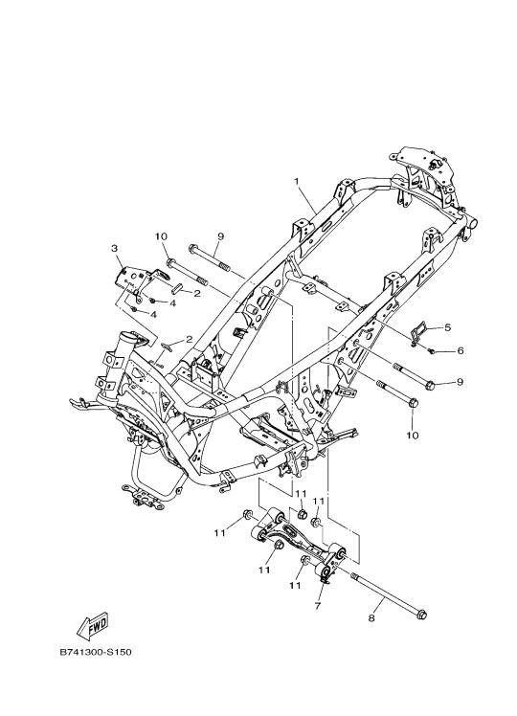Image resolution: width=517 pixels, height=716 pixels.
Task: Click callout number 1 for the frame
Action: point(297,182)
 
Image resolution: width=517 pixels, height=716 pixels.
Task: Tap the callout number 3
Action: point(114,248)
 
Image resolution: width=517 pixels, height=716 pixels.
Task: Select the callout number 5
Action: point(447,327)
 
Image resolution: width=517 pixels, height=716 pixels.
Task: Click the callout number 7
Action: point(318,606)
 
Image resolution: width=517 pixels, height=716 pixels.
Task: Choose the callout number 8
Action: point(371,617)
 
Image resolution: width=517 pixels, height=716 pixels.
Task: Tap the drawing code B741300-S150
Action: point(96,652)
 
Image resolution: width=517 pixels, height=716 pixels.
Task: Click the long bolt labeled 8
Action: point(389,594)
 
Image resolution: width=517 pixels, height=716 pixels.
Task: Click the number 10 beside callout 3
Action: point(161,236)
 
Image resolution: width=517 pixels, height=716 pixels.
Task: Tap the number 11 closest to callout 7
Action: point(296,585)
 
